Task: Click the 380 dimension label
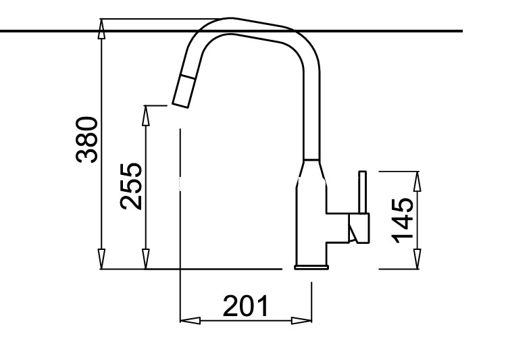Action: (86, 140)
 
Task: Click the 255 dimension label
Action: (131, 186)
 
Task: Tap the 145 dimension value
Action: (403, 220)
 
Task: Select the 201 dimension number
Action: (246, 305)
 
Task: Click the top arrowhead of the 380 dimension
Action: (102, 29)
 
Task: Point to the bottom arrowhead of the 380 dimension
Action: (102, 259)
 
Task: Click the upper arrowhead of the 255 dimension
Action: (146, 115)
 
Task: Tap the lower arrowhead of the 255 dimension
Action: (146, 259)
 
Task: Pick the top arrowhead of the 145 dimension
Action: (417, 182)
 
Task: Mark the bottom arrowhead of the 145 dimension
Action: (417, 259)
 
